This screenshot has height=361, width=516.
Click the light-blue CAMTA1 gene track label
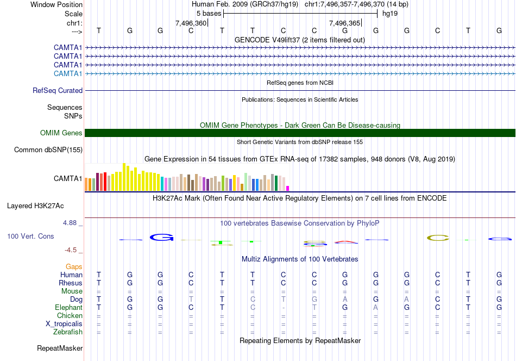point(68,73)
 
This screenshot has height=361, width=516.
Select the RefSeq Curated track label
point(58,91)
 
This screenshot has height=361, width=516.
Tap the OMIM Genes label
point(61,133)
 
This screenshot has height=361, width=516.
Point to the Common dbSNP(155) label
point(48,150)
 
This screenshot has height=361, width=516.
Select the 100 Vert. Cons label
point(31,236)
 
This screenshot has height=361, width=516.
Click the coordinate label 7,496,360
point(191,23)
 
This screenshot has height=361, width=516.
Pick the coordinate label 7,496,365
point(345,23)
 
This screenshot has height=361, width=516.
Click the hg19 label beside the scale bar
point(390,14)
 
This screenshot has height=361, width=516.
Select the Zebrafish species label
point(68,332)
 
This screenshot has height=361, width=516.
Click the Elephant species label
point(68,308)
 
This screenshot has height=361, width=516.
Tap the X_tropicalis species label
point(64,324)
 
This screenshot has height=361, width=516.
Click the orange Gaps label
point(74,267)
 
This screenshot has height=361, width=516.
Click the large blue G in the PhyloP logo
point(161,237)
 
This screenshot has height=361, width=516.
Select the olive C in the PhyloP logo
point(438,238)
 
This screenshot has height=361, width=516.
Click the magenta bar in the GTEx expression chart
point(288,188)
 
